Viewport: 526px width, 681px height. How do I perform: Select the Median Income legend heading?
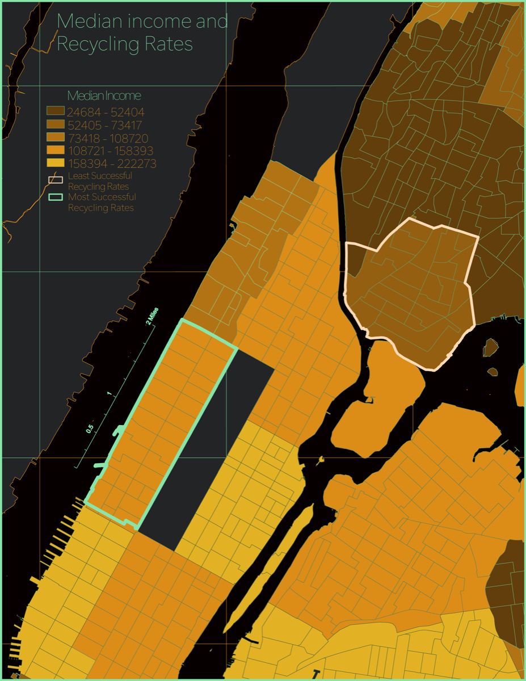pyautogui.click(x=104, y=95)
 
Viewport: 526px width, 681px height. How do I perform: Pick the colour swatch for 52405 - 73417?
pyautogui.click(x=56, y=125)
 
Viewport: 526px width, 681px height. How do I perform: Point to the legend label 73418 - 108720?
pyautogui.click(x=107, y=138)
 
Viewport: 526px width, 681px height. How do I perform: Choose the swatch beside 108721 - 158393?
pyautogui.click(x=56, y=151)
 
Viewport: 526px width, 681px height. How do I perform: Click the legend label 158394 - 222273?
pyautogui.click(x=111, y=164)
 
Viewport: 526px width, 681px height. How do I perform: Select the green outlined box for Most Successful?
pyautogui.click(x=56, y=197)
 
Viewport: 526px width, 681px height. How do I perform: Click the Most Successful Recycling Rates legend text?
pyautogui.click(x=102, y=203)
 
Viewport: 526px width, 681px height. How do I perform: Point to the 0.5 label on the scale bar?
pyautogui.click(x=90, y=428)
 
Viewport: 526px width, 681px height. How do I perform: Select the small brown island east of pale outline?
pyautogui.click(x=491, y=345)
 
